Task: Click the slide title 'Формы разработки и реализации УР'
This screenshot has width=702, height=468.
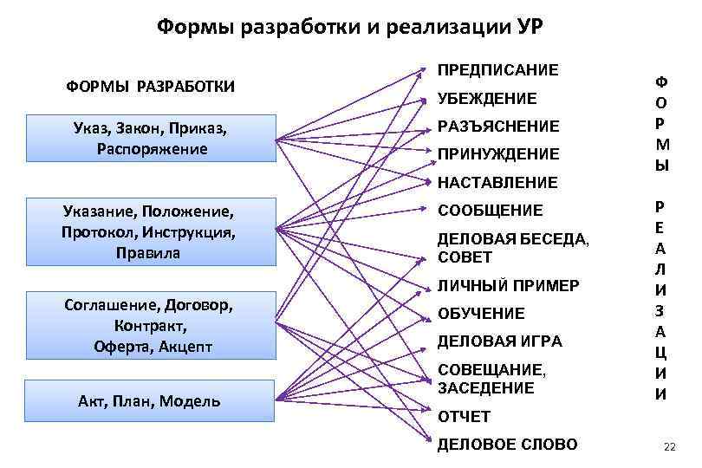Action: coord(350,26)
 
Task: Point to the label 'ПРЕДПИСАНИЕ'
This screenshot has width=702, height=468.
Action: coord(498,68)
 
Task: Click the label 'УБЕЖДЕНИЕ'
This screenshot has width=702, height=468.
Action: coord(487,99)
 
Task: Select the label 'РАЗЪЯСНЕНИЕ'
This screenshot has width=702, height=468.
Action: coord(498,127)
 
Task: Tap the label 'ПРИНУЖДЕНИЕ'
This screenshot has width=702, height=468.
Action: coord(498,154)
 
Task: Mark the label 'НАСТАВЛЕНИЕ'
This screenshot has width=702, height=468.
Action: coord(497,182)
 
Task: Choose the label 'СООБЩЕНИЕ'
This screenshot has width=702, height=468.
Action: coord(491,210)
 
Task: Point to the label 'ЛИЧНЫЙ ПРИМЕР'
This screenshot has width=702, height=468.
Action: coord(508,285)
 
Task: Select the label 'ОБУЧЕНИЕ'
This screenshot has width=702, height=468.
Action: coord(481,313)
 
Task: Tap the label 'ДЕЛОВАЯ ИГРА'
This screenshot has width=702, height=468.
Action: coord(500,341)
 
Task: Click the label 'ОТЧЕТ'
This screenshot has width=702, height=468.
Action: coord(464,417)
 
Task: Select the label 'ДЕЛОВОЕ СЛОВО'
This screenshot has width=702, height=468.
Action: coord(507,445)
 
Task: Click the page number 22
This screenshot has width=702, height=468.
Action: coord(668,446)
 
